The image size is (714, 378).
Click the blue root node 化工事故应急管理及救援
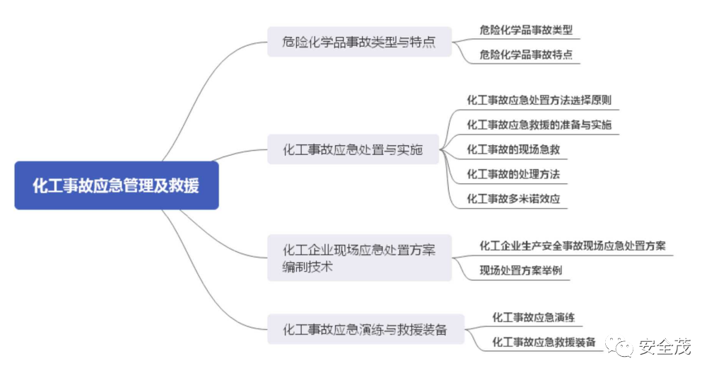[x=116, y=185]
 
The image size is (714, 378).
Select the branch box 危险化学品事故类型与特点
[x=359, y=42]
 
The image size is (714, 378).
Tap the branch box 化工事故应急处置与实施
[x=353, y=149]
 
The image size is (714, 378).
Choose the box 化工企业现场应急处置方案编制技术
[x=359, y=258]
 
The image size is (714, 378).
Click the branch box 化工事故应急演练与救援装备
[x=365, y=329]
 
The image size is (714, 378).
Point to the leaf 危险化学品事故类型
[x=525, y=30]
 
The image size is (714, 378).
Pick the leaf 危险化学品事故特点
[x=525, y=55]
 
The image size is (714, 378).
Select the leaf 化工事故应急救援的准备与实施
[x=539, y=125]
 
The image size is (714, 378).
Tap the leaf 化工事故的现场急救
[x=513, y=149]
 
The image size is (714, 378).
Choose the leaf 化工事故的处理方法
[x=513, y=174]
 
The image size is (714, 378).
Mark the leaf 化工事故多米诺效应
[x=513, y=199]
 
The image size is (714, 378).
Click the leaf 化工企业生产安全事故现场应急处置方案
[x=572, y=246]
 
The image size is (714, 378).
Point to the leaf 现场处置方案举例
[x=520, y=270]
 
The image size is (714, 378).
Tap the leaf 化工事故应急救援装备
[x=544, y=342]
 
